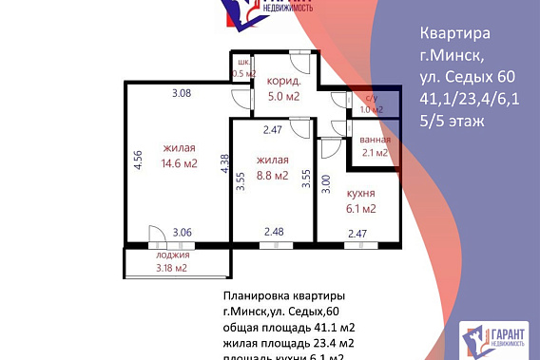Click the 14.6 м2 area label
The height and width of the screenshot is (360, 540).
click(x=180, y=163)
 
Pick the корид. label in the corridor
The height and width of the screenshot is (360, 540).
click(x=283, y=82)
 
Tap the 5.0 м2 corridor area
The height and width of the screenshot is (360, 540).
click(x=283, y=96)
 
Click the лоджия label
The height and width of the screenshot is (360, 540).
click(x=172, y=255)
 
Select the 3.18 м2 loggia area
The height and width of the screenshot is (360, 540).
click(x=172, y=267)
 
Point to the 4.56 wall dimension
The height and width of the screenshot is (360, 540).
click(x=138, y=161)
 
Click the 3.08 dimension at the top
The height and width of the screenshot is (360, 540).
click(x=182, y=93)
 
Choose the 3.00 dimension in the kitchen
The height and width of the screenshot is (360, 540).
click(x=327, y=184)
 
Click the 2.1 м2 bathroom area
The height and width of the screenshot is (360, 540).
click(x=375, y=151)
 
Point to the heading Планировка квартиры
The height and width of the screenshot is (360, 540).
click(x=283, y=295)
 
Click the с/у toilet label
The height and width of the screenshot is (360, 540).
click(x=371, y=98)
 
